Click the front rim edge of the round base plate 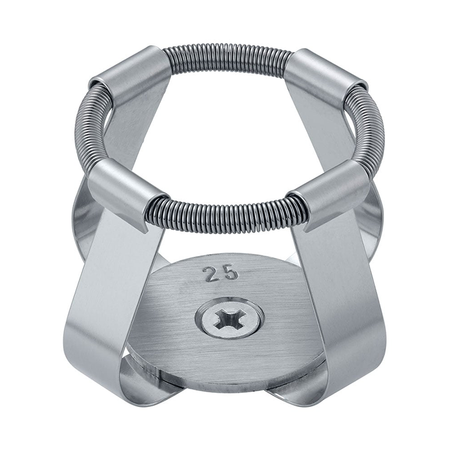(225, 379)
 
